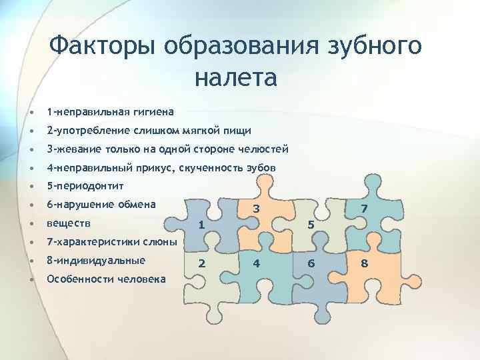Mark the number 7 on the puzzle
(364, 210)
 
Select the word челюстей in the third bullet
(264, 149)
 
